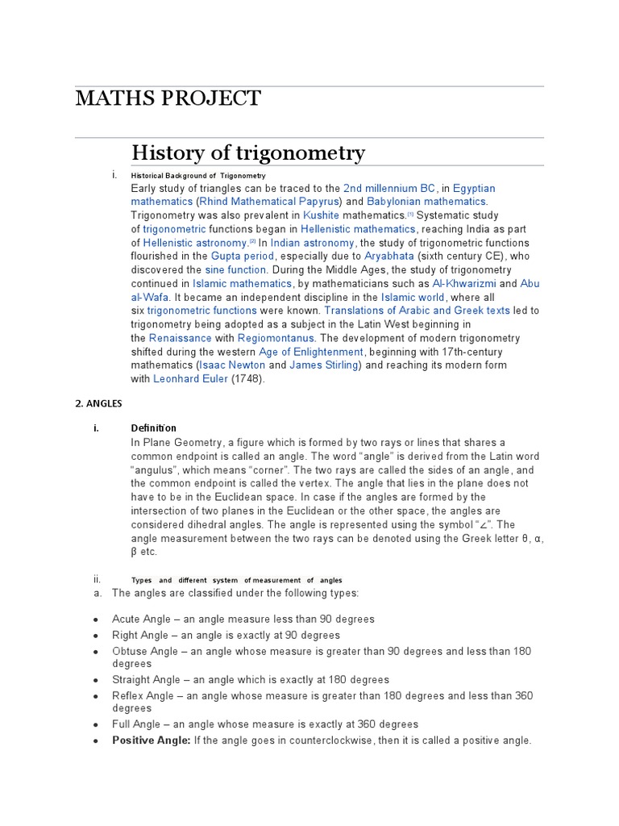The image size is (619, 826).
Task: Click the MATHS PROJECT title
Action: (x=168, y=98)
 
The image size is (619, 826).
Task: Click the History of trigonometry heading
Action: (x=248, y=152)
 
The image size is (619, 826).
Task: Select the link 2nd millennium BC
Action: (x=389, y=188)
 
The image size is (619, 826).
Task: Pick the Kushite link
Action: (x=321, y=215)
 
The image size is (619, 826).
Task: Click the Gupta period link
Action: (x=238, y=257)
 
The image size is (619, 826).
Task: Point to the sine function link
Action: (x=235, y=270)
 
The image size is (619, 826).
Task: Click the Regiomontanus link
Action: (x=275, y=339)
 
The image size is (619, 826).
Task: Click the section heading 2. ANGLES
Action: (x=98, y=403)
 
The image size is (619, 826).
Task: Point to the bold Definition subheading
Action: (x=153, y=428)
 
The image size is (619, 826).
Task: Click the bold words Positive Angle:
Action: (x=151, y=740)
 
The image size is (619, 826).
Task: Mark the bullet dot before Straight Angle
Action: (x=95, y=680)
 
